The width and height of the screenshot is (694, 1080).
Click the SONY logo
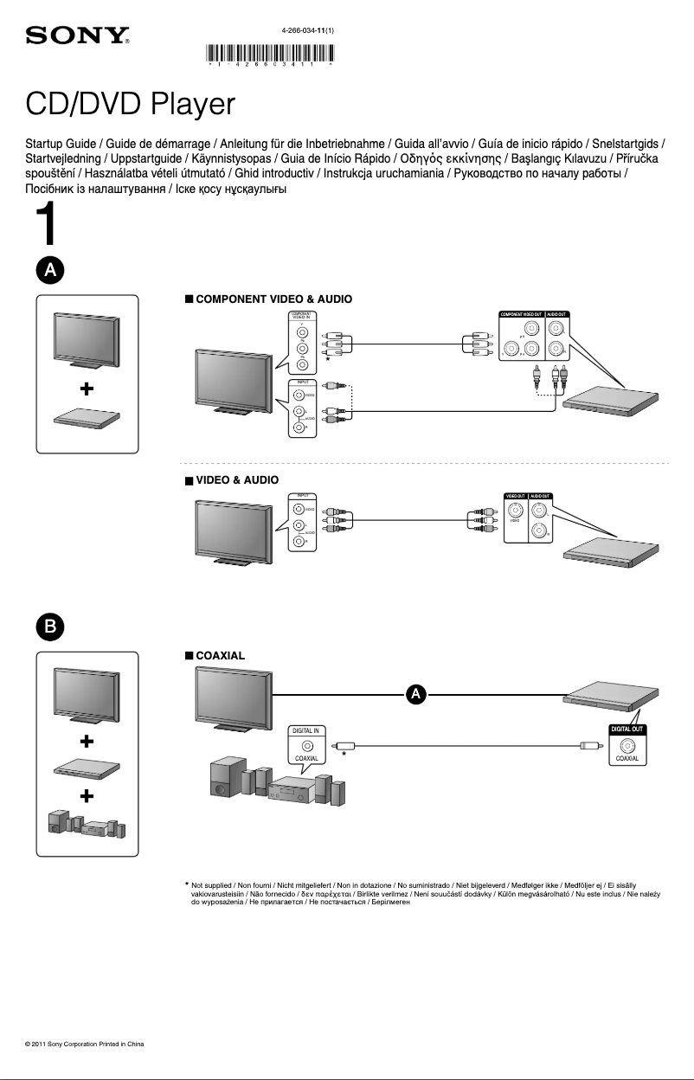[x=77, y=36]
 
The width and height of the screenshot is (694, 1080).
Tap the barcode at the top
[x=271, y=54]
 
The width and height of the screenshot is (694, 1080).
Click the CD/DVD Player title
[x=130, y=105]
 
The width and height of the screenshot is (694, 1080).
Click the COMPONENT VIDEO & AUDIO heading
[x=273, y=299]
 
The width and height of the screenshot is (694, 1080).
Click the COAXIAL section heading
[x=220, y=655]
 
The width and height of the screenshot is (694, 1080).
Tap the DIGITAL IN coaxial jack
[x=307, y=745]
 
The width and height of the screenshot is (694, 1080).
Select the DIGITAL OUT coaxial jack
[x=627, y=745]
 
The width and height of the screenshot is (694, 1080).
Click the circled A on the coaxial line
[x=416, y=694]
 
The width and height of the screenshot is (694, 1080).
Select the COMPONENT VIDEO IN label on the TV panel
[x=301, y=315]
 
